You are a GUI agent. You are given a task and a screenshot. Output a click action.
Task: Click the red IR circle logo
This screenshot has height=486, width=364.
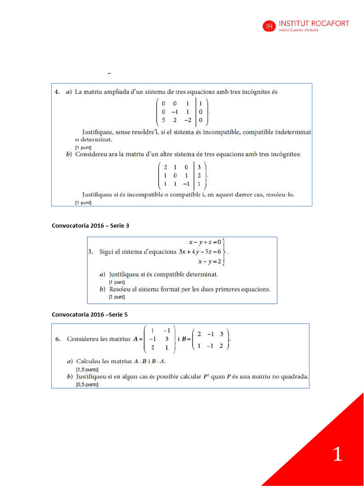click(269, 27)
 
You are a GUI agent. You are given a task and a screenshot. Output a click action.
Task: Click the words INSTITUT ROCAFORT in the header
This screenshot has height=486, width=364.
click(314, 23)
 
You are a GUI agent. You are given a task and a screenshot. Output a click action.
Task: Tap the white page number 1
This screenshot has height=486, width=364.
click(337, 454)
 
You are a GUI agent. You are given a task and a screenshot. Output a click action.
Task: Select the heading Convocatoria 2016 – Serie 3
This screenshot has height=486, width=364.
click(91, 225)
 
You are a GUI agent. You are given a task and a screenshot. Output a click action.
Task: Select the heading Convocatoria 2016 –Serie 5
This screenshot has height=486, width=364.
click(90, 314)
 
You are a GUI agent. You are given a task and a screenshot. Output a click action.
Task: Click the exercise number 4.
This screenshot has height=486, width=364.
click(56, 92)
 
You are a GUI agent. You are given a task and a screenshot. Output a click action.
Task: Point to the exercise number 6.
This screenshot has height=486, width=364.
click(57, 339)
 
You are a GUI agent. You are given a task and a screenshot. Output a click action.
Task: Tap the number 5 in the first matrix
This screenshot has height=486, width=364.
click(164, 120)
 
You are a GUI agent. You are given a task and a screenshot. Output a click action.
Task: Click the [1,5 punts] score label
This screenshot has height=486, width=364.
click(87, 369)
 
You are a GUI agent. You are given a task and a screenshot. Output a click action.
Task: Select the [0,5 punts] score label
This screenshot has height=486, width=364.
click(87, 384)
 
